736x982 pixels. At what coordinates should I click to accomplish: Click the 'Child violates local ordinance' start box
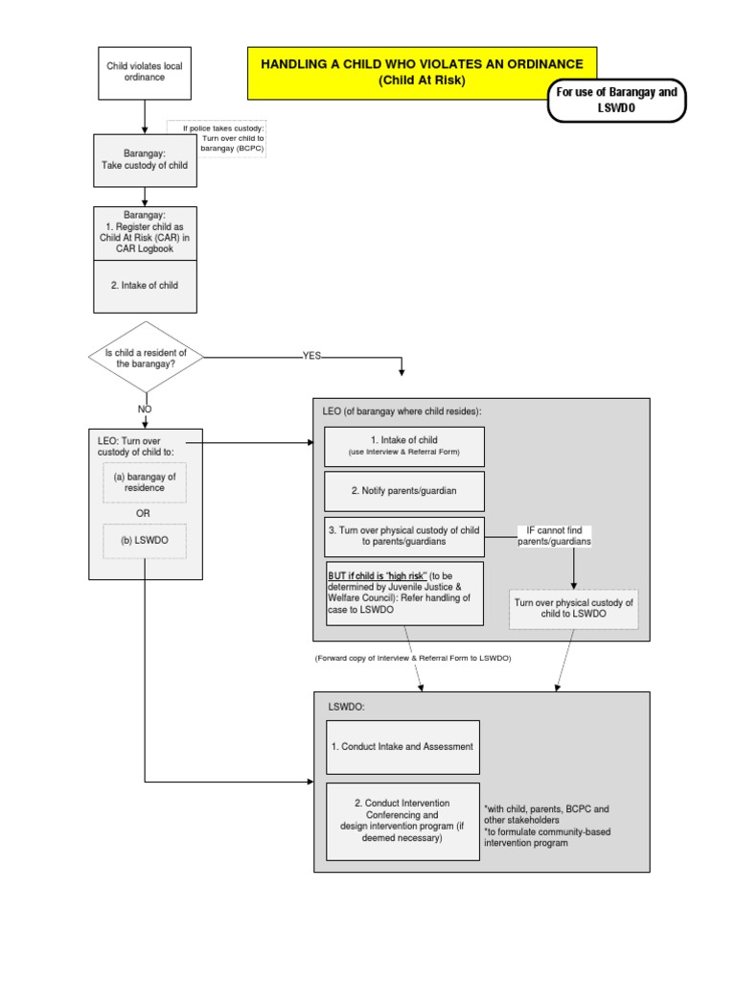coord(144,72)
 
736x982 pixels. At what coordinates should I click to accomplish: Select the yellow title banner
coord(422,72)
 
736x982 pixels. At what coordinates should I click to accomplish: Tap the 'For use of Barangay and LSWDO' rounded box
coord(616,101)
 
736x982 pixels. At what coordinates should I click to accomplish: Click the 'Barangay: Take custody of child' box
coord(144,158)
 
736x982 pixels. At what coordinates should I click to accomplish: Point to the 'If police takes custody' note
coord(223,138)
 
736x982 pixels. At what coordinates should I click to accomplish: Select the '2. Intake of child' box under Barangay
coord(144,286)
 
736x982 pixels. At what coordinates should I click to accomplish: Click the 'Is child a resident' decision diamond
coord(145,359)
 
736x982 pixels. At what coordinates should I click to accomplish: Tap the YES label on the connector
coord(312,355)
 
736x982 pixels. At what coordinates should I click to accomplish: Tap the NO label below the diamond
coord(145,409)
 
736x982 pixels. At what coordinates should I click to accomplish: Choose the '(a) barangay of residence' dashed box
coord(144,481)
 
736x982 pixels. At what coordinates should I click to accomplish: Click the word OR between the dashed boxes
coord(143,513)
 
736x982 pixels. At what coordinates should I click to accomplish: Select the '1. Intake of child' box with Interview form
coord(403,446)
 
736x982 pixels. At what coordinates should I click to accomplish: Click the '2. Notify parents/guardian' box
coord(403,490)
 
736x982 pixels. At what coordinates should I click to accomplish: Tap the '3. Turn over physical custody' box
coord(403,536)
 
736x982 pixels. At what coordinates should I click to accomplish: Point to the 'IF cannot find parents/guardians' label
coord(555,536)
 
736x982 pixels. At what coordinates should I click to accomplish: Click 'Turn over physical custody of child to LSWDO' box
coord(573,608)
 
